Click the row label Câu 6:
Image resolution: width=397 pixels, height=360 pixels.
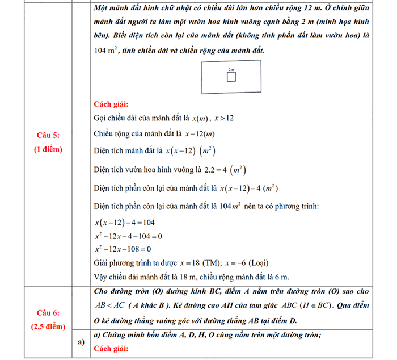coord(48,313)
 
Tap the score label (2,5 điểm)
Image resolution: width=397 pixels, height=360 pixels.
coord(48,326)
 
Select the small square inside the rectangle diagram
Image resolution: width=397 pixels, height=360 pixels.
coord(231,77)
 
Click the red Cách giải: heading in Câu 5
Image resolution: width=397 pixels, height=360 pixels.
coord(111,104)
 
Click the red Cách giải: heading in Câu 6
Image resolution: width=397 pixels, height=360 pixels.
coord(111,348)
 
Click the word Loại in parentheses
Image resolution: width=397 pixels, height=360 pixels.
coord(258,263)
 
